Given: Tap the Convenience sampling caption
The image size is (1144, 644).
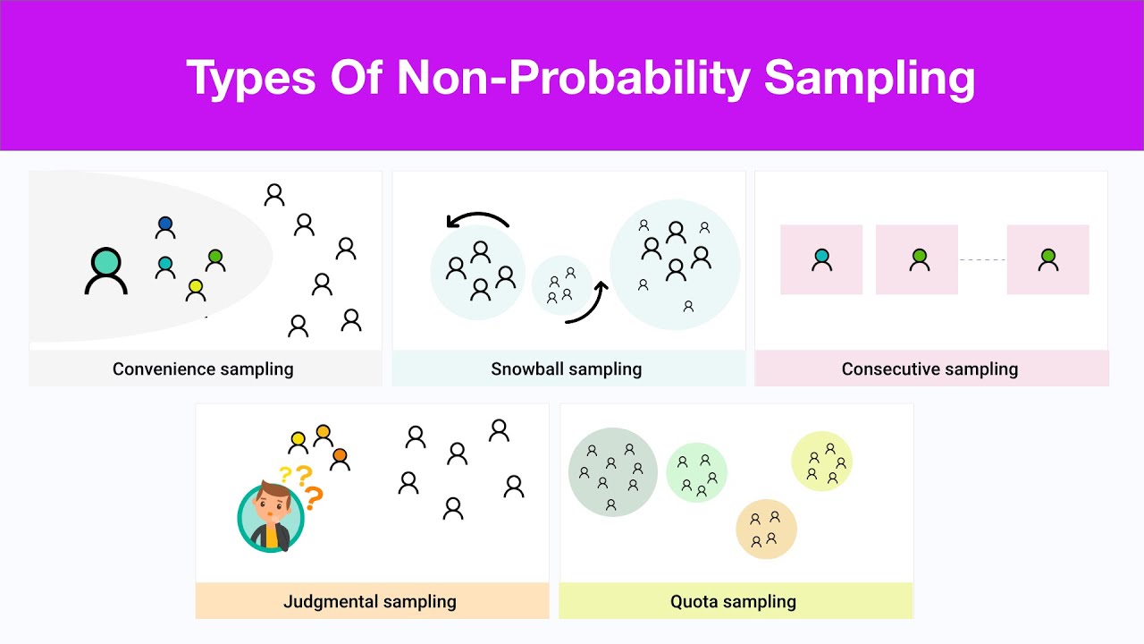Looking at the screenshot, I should click(203, 369).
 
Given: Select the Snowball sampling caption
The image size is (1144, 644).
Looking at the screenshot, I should click(566, 369).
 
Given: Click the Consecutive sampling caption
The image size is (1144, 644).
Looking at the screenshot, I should click(929, 369).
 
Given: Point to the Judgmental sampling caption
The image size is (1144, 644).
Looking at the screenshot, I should click(370, 602).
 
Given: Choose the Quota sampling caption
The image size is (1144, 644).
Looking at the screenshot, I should click(733, 602).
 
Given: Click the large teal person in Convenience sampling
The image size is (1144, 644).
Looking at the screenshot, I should click(106, 271).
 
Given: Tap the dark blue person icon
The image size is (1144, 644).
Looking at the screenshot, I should click(165, 227).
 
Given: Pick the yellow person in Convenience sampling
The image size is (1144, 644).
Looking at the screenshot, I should click(196, 290).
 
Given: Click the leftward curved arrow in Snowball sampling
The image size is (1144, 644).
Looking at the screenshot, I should click(477, 220).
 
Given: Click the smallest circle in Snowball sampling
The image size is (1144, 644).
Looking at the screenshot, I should click(561, 284).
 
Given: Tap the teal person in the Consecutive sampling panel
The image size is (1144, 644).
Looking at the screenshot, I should click(821, 259).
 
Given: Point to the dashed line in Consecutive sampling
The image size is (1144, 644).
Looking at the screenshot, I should click(982, 259).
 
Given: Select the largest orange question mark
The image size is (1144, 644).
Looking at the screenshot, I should click(313, 496).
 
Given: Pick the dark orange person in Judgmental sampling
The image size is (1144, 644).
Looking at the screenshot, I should click(340, 459).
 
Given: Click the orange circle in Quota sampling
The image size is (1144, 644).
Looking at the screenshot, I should click(766, 529).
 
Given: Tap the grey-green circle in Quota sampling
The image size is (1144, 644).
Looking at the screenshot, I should click(612, 472).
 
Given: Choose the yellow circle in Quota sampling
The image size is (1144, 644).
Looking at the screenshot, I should click(821, 462).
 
